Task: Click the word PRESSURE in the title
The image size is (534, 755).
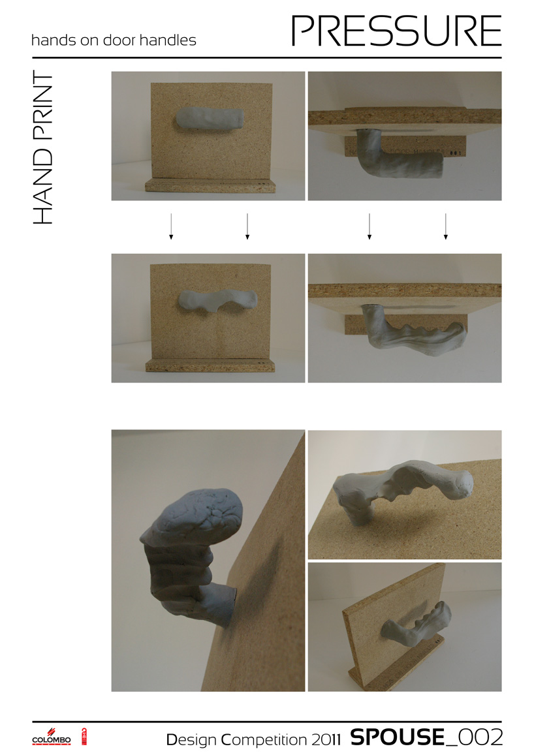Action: point(396,31)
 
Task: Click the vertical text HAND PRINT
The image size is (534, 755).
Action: point(42,149)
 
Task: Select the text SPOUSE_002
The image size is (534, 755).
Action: point(426,737)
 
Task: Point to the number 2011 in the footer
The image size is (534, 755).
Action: point(326,739)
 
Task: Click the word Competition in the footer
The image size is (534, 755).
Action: point(264,740)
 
